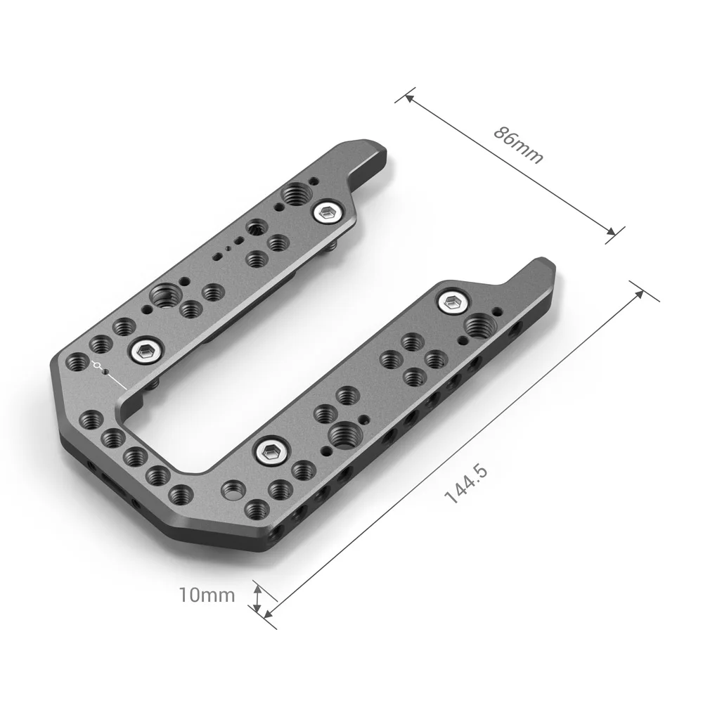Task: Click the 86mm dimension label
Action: (x=519, y=144)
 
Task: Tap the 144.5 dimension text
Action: (x=466, y=484)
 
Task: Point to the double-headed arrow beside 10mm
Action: (x=257, y=600)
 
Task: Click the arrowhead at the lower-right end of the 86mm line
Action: (x=613, y=233)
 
